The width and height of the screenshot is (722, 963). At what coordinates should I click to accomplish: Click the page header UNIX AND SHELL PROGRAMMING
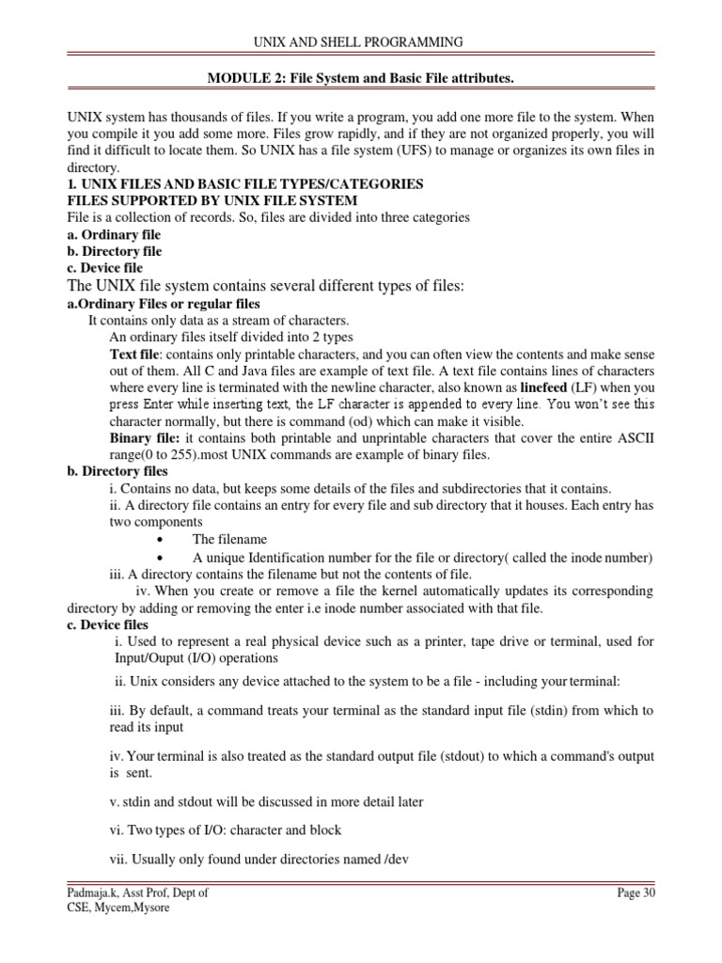tap(361, 41)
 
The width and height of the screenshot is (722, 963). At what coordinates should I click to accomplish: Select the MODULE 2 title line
tap(361, 79)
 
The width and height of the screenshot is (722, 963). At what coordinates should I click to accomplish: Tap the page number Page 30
tap(635, 893)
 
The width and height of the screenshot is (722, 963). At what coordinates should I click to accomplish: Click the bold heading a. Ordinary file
tap(114, 234)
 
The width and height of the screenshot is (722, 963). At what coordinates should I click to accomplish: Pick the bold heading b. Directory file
tap(114, 251)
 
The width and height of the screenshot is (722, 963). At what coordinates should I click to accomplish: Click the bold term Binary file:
tap(142, 438)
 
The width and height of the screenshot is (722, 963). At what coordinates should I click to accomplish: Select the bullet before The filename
tap(164, 540)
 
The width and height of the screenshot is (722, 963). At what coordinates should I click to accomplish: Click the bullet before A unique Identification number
tap(164, 558)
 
